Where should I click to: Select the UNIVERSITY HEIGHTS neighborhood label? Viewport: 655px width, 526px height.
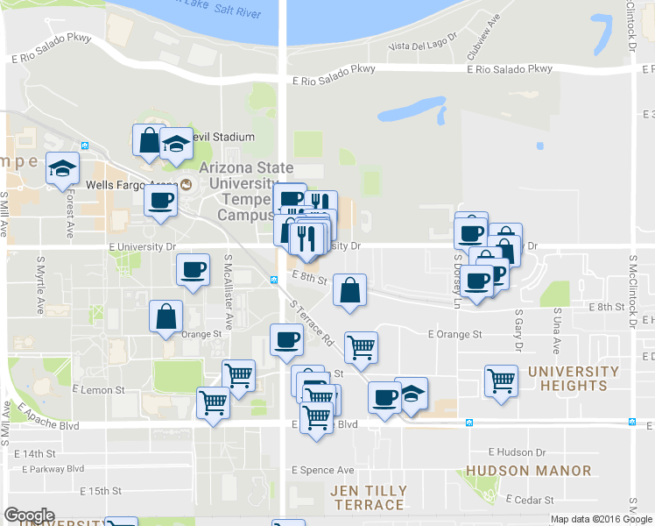click(x=574, y=379)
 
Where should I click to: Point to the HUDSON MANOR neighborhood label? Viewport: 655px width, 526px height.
click(x=528, y=471)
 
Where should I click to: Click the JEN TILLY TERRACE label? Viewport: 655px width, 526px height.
click(x=368, y=497)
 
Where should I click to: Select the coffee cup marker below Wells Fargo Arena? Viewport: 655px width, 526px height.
click(x=161, y=200)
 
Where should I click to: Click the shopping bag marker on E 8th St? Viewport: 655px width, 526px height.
click(x=349, y=290)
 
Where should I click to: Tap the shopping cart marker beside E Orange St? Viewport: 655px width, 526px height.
click(x=361, y=347)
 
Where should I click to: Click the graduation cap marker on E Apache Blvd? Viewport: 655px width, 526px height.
click(x=411, y=394)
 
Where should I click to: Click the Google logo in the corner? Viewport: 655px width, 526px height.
click(x=29, y=516)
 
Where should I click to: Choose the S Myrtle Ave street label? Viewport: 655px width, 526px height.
click(x=40, y=286)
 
